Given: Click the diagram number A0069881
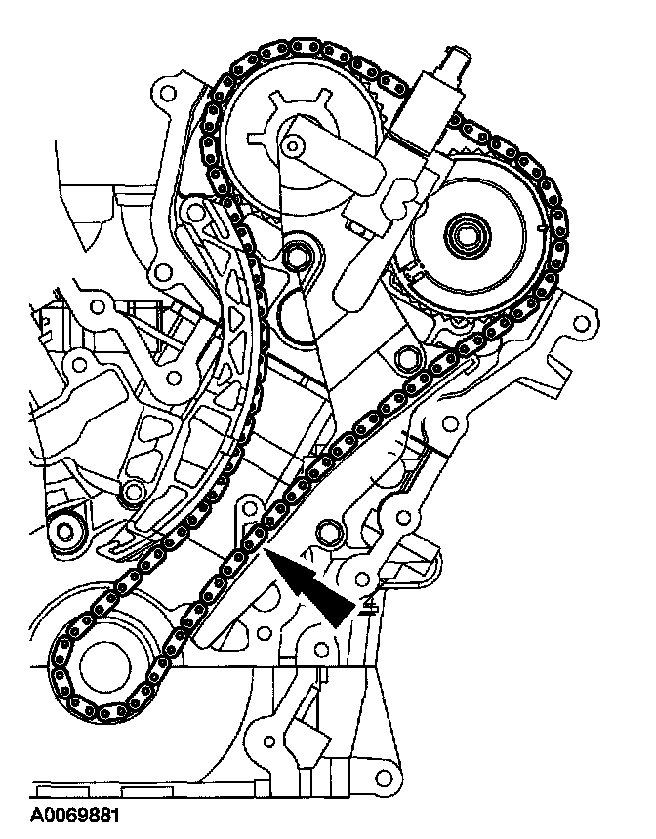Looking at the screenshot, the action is click(74, 815).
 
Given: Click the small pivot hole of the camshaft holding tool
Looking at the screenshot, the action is click(292, 145).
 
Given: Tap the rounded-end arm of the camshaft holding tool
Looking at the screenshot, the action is click(332, 155).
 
